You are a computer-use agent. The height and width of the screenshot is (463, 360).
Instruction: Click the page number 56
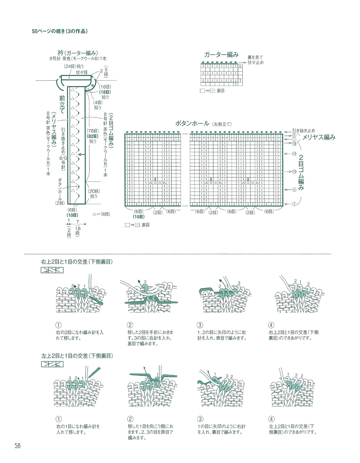pyautogui.click(x=17, y=446)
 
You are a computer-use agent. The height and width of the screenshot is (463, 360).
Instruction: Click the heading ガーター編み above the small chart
pyautogui.click(x=221, y=55)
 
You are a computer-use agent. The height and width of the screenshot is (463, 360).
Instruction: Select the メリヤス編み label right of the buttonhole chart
pyautogui.click(x=319, y=137)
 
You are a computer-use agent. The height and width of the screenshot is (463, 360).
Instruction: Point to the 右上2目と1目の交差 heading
pyautogui.click(x=77, y=262)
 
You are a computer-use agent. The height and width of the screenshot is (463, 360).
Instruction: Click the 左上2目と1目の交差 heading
pyautogui.click(x=77, y=356)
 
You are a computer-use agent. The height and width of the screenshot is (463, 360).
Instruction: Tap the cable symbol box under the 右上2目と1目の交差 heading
pyautogui.click(x=52, y=270)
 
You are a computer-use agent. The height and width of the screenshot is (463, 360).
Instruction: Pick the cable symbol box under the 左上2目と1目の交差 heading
pyautogui.click(x=52, y=364)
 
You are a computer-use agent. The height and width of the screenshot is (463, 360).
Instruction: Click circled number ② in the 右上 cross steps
pyautogui.click(x=130, y=325)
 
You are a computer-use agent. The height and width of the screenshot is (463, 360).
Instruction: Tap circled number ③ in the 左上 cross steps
pyautogui.click(x=200, y=419)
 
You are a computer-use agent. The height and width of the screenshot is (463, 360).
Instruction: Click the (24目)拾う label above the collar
pyautogui.click(x=74, y=66)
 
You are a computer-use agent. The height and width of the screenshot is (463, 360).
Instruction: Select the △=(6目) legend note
pyautogui.click(x=101, y=214)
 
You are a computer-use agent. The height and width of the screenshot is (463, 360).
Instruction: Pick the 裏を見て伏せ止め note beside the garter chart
pyautogui.click(x=256, y=60)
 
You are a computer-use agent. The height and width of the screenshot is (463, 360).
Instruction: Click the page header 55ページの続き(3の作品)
pyautogui.click(x=60, y=32)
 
